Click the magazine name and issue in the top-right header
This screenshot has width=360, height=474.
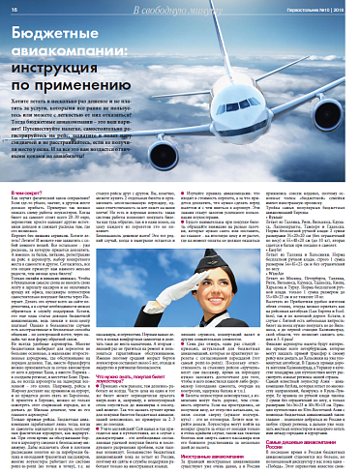[x=314, y=8]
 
